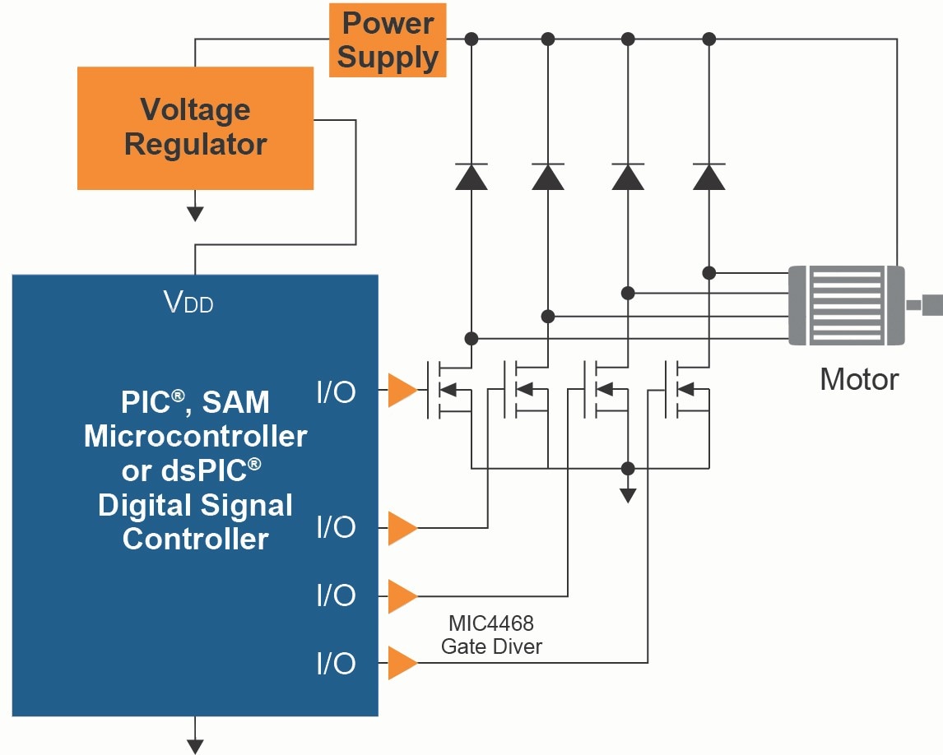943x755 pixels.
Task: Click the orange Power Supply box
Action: [x=388, y=40]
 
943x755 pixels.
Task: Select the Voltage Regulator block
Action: [x=195, y=127]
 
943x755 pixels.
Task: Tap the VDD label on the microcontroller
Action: [x=188, y=303]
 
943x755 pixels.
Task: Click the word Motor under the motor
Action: [x=859, y=379]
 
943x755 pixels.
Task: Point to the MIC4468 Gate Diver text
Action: [x=491, y=635]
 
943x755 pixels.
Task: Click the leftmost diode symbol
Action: [x=471, y=176]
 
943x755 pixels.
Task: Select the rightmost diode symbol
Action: [x=709, y=176]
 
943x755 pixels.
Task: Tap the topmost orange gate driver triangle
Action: [x=402, y=390]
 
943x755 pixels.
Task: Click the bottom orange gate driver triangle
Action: [x=402, y=663]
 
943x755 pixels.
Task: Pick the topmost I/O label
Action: [x=337, y=391]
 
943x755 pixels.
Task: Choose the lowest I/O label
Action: [x=337, y=664]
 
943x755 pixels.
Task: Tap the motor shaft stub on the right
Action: [x=928, y=304]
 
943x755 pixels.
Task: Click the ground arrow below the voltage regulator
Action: [x=195, y=213]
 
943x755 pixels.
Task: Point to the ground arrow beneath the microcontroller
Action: [x=195, y=745]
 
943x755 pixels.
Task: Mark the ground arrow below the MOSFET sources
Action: [x=628, y=494]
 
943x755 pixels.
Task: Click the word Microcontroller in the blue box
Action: [x=195, y=436]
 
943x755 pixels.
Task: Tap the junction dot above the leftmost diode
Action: [x=471, y=39]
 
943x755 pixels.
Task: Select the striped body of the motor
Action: [x=846, y=304]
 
